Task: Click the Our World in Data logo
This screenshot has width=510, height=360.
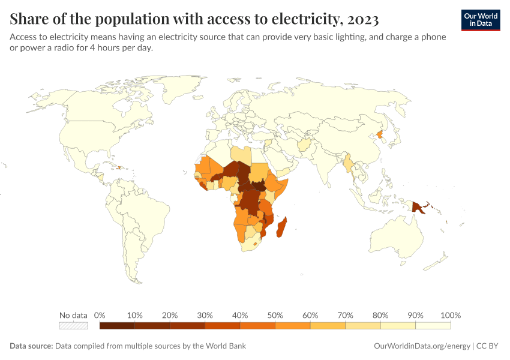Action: point(480,20)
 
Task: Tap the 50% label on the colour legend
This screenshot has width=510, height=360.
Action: point(275,315)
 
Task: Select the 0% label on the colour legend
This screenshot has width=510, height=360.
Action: point(100,315)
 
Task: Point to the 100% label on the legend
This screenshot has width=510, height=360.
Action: point(450,315)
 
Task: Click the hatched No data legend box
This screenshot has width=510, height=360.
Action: point(73,325)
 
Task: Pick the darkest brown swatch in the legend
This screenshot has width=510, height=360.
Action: point(117,325)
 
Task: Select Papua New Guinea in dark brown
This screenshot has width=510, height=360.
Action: point(418,207)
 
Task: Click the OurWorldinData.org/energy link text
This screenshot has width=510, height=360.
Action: point(422,346)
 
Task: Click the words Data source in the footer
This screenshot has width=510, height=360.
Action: point(31,346)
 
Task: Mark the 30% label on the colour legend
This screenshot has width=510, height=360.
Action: point(205,315)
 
